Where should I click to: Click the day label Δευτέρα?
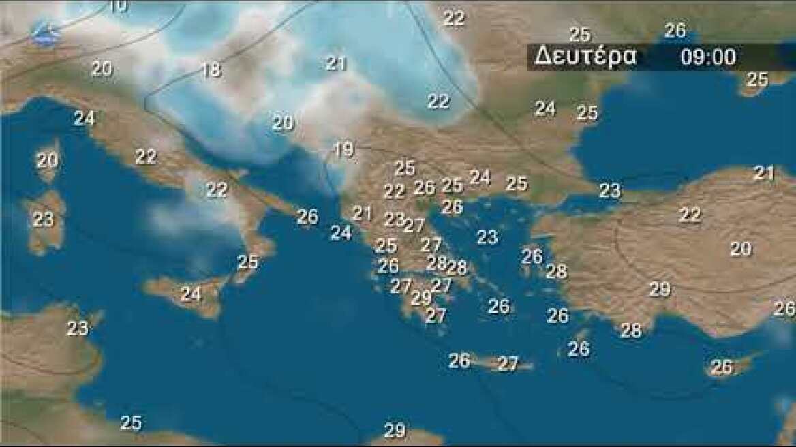coord(585,57)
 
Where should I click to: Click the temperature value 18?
coord(211,70)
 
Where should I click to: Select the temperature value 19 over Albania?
coord(344,149)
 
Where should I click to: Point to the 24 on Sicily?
coord(191,294)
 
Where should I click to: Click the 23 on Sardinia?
coord(43,219)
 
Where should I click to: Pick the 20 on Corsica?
coord(47,161)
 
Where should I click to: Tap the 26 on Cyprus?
coord(722,367)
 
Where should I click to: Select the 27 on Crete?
coord(508,364)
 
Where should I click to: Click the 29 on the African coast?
coord(395,431)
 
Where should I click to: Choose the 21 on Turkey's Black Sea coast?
coord(764,173)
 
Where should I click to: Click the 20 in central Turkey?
coord(741,249)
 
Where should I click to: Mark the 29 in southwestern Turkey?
coord(660,290)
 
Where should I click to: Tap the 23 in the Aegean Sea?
coord(487,237)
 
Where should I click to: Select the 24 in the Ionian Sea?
coord(341,232)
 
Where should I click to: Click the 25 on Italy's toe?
coord(248,262)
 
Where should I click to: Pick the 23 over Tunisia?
coord(78,328)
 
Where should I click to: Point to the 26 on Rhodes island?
coord(579,349)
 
